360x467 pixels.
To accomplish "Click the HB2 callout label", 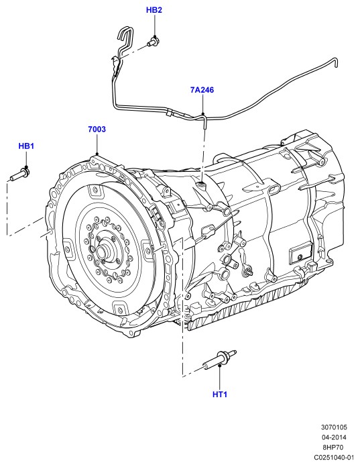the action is tap(154, 10).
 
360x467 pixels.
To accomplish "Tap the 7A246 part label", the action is tap(202, 90).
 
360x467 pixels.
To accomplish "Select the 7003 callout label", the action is tap(97, 129).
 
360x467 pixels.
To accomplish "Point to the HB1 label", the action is tap(26, 146).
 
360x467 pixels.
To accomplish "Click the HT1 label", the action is tap(220, 395).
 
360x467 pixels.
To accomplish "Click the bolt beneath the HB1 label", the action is tap(19, 174).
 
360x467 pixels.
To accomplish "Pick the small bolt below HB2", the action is tap(153, 42).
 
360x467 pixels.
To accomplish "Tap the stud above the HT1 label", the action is tap(220, 359).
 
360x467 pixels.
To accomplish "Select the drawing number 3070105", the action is tap(334, 427).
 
